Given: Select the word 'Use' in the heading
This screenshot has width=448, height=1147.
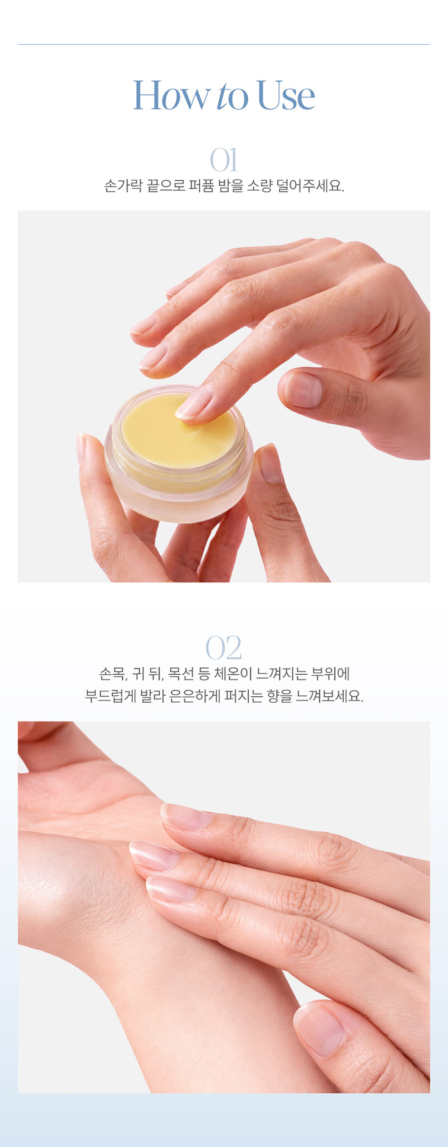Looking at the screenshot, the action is coord(286,95).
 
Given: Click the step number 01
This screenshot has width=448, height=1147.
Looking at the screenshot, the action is coord(224,160).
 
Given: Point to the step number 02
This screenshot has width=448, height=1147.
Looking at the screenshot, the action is coord(224,648).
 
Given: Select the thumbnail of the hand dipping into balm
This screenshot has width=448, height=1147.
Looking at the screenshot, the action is coord(303,390).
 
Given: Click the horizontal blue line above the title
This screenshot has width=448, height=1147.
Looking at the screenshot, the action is coord(224,45).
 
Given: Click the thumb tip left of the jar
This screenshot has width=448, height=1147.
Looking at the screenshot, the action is coord(82,448).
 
